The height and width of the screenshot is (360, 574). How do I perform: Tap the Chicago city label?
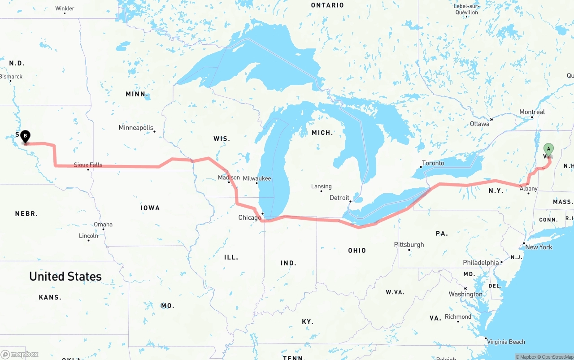(249, 218)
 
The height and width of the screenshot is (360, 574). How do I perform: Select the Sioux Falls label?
(88, 165)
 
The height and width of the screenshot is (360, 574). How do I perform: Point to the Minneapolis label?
(136, 128)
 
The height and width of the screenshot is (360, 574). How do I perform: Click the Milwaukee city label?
(257, 178)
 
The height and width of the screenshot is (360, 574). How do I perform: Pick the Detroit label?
(339, 198)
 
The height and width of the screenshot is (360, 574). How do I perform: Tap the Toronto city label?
(433, 163)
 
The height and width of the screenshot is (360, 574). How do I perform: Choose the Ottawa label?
(479, 124)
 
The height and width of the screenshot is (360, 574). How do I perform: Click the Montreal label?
(532, 112)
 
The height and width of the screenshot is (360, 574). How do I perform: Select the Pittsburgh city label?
(409, 245)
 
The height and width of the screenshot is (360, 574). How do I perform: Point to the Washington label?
(465, 295)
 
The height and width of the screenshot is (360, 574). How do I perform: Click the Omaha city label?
(103, 225)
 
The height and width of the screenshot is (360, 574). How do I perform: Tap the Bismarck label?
(11, 77)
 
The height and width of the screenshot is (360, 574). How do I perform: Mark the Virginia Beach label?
(506, 342)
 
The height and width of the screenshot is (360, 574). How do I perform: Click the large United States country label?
(65, 277)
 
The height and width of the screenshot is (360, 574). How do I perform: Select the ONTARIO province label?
(327, 5)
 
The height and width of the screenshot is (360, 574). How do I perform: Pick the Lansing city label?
(322, 187)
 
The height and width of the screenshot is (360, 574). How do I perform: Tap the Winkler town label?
(65, 9)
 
